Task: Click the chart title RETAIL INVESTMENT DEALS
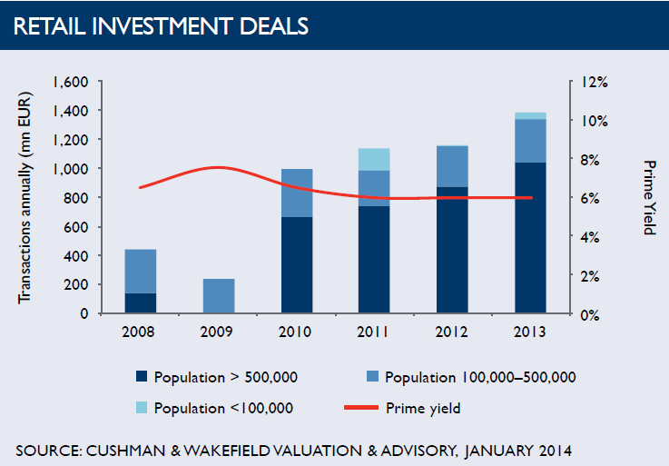[x=162, y=26]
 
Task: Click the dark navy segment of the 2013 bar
[x=530, y=238]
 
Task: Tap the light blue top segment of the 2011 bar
[x=374, y=159]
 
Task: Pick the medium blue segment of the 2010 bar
[x=296, y=193]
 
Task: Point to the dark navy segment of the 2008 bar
[x=140, y=303]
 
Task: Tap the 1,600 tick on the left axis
[x=70, y=82]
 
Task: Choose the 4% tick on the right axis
[x=591, y=237]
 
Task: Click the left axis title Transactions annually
[x=24, y=197]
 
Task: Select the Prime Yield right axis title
[x=648, y=197]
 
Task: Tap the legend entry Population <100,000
[x=223, y=408]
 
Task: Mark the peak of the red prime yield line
[x=220, y=167]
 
